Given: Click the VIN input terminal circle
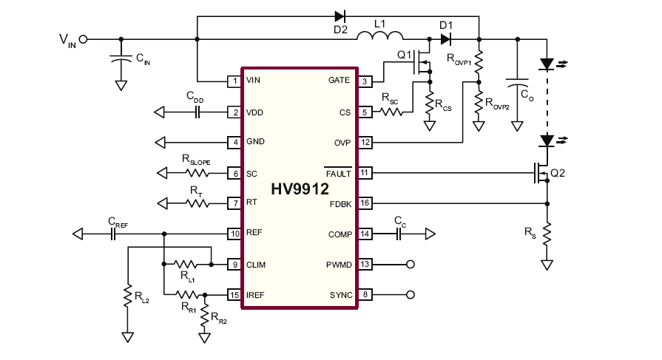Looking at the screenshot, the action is click(x=84, y=39).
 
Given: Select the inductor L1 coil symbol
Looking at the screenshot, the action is click(x=380, y=35).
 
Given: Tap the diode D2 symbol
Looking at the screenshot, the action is click(x=340, y=16).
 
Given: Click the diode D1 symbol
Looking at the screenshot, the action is click(x=446, y=39).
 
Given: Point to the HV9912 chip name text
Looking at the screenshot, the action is click(x=300, y=189).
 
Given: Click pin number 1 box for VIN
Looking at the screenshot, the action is click(x=234, y=81).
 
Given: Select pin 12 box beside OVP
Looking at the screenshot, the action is click(x=365, y=142).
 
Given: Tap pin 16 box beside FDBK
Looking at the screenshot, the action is click(x=365, y=203).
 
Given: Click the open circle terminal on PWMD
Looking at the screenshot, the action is click(x=410, y=265).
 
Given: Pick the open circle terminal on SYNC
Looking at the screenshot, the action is click(x=410, y=295).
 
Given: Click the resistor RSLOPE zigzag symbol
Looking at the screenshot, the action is click(x=197, y=173).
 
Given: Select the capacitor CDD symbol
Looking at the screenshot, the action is click(x=197, y=112).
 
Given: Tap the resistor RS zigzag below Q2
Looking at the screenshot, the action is click(x=547, y=234).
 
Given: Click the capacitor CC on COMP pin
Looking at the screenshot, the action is click(x=399, y=234).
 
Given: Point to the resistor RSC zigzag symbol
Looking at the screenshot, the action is click(x=391, y=112).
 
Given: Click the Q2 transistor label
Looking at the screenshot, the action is click(x=558, y=173).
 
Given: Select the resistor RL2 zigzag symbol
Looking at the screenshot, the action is click(x=127, y=296).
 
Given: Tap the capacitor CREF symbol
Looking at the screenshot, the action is click(x=112, y=234).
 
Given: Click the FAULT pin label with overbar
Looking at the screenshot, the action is click(x=338, y=173).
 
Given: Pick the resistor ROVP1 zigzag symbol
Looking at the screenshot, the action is click(x=479, y=62).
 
